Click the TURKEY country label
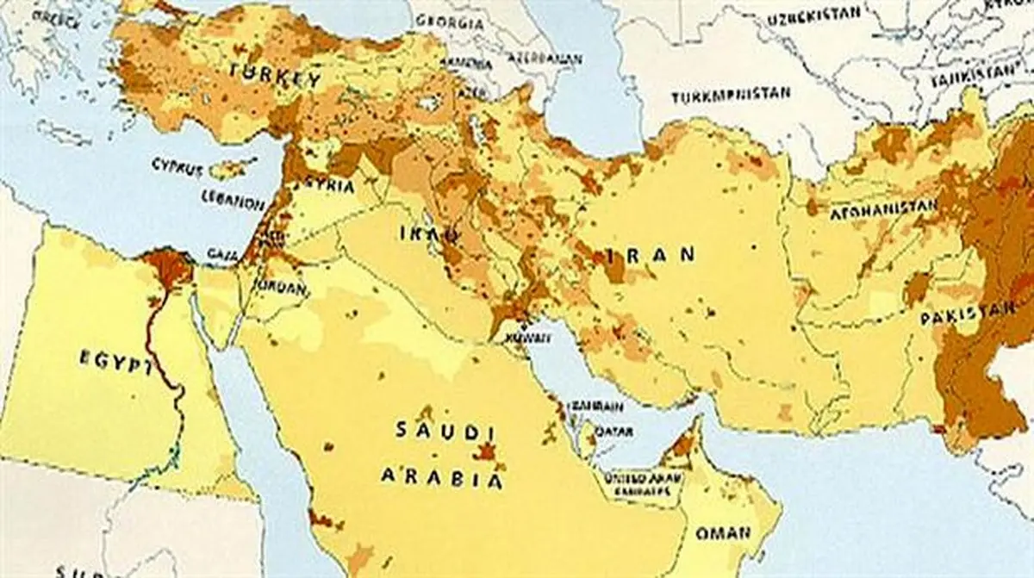[x=275, y=78]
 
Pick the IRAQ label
[x=419, y=233]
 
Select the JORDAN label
[x=281, y=289]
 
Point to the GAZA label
[x=218, y=254]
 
